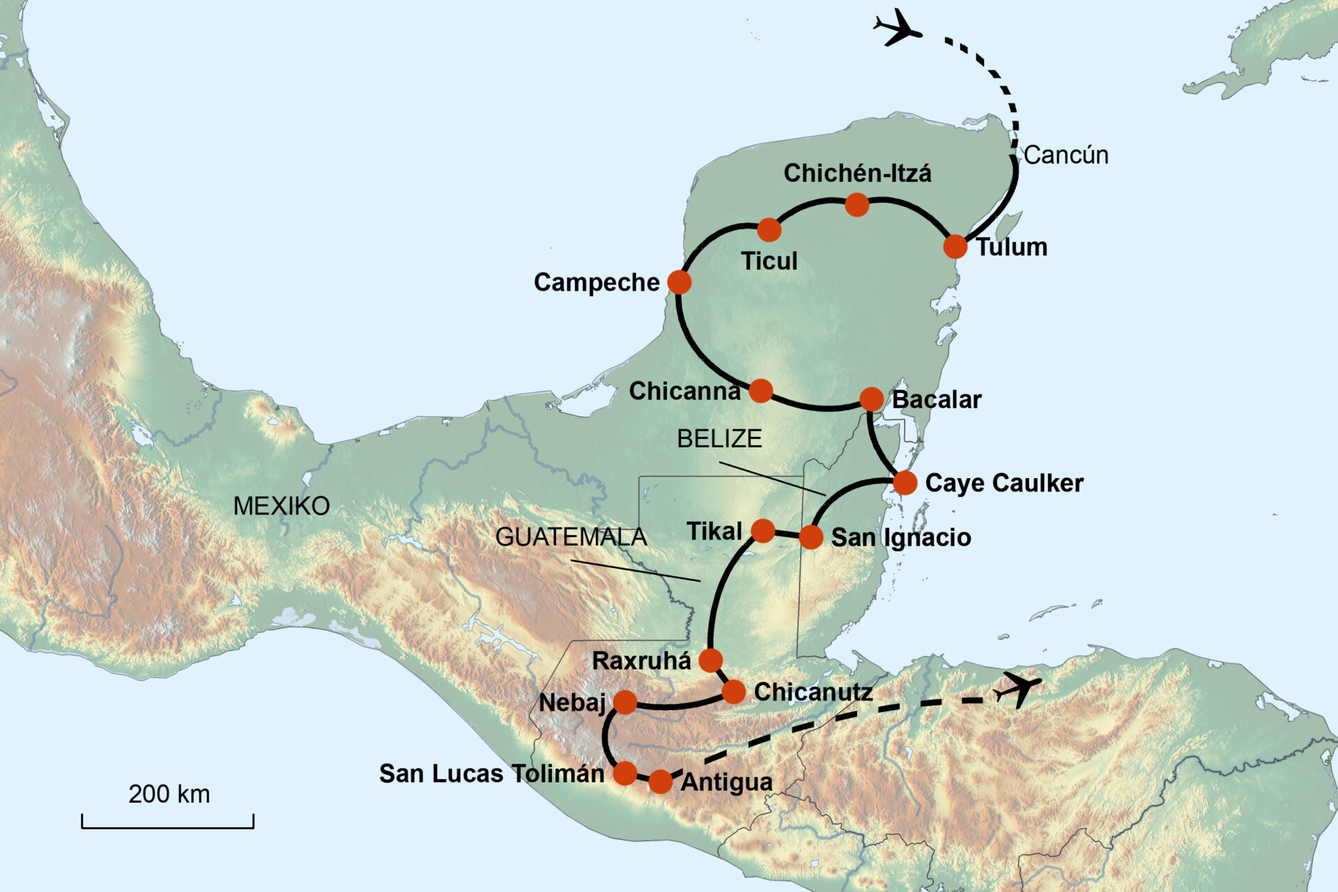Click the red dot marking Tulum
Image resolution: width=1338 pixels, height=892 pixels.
click(x=955, y=246)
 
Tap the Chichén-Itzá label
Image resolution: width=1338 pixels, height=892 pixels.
click(x=856, y=173)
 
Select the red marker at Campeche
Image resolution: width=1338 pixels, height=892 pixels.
click(x=679, y=282)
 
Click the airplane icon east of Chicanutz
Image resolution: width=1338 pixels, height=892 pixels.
click(x=1018, y=689)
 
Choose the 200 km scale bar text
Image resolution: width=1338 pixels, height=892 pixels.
click(x=169, y=794)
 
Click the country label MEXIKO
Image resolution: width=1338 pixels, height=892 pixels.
click(x=282, y=506)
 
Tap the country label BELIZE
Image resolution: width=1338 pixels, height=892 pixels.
click(x=719, y=438)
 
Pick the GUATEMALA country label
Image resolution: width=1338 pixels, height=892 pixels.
click(x=571, y=537)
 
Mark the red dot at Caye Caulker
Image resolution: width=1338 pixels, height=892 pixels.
click(x=905, y=482)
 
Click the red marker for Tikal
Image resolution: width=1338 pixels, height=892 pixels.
click(x=763, y=531)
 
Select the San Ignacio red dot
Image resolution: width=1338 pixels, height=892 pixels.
click(x=810, y=537)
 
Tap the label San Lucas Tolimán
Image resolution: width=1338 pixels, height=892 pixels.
click(x=491, y=774)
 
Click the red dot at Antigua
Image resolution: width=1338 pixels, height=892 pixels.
click(x=660, y=782)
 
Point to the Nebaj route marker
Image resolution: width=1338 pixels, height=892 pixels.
click(x=625, y=702)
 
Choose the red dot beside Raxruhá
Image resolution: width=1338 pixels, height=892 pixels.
click(x=711, y=660)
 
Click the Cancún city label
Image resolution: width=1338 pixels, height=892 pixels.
click(x=1066, y=155)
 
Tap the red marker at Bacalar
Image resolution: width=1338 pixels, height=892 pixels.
click(x=871, y=399)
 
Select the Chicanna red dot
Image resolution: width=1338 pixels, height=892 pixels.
click(x=760, y=391)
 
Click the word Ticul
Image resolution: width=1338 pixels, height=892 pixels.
click(x=769, y=261)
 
